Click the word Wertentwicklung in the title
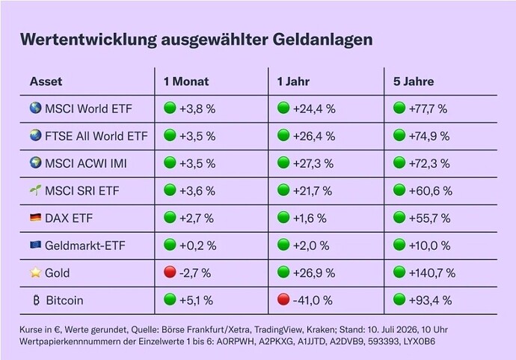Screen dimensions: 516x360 coord(88,40)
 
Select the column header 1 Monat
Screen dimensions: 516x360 coord(186,82)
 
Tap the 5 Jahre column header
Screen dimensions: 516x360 coord(414,82)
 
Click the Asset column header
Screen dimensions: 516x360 coord(46,82)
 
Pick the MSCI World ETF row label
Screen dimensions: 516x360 coord(88,109)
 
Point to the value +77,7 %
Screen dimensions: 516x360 coord(428,109)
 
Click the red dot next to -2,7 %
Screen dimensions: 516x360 coord(170,272)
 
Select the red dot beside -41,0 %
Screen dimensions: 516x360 coord(283,299)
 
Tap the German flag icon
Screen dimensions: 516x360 coord(36,217)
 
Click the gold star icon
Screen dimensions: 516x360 coord(36,272)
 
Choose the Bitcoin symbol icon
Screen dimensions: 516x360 coord(36,300)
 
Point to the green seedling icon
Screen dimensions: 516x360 coord(36,190)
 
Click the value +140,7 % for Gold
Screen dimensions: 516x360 coord(432,272)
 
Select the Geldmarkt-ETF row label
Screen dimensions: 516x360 coord(85,245)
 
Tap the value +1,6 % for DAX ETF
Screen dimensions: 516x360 coord(310,218)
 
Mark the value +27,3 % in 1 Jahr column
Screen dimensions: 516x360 coord(313,163)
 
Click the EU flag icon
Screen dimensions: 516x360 coord(36,245)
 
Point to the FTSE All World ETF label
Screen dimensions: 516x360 coord(96,136)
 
